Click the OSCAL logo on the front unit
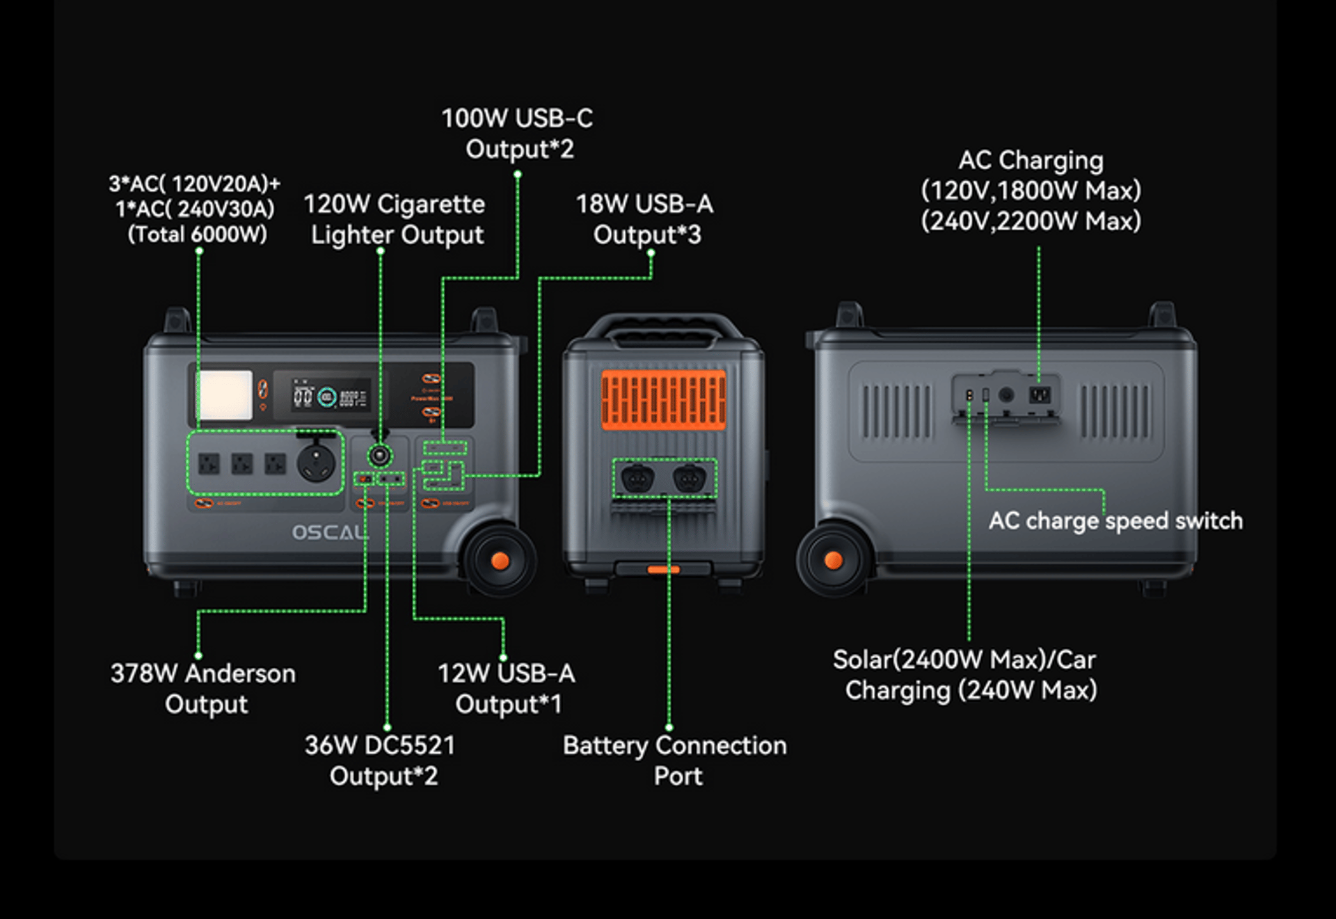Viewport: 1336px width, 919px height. [328, 533]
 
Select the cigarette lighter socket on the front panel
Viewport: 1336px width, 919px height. [379, 456]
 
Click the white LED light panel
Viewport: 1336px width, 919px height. [225, 395]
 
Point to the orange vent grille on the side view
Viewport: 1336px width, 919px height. [663, 400]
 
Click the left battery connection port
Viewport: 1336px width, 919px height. [637, 479]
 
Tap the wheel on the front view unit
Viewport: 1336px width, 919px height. [499, 561]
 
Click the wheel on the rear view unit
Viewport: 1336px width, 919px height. [833, 560]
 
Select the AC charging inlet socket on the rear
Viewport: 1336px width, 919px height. [1040, 395]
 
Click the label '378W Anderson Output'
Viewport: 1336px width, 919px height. [203, 688]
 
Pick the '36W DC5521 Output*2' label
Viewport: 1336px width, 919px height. [381, 760]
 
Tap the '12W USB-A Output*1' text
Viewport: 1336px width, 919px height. [507, 688]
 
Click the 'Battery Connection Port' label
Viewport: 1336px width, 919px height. [675, 760]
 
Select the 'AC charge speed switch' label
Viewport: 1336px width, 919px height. [1115, 520]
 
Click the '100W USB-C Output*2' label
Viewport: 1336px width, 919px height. [518, 133]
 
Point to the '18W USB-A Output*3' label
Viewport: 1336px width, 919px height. [645, 219]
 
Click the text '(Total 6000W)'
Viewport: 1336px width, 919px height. [198, 234]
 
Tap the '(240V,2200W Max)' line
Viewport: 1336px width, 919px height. [1031, 221]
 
